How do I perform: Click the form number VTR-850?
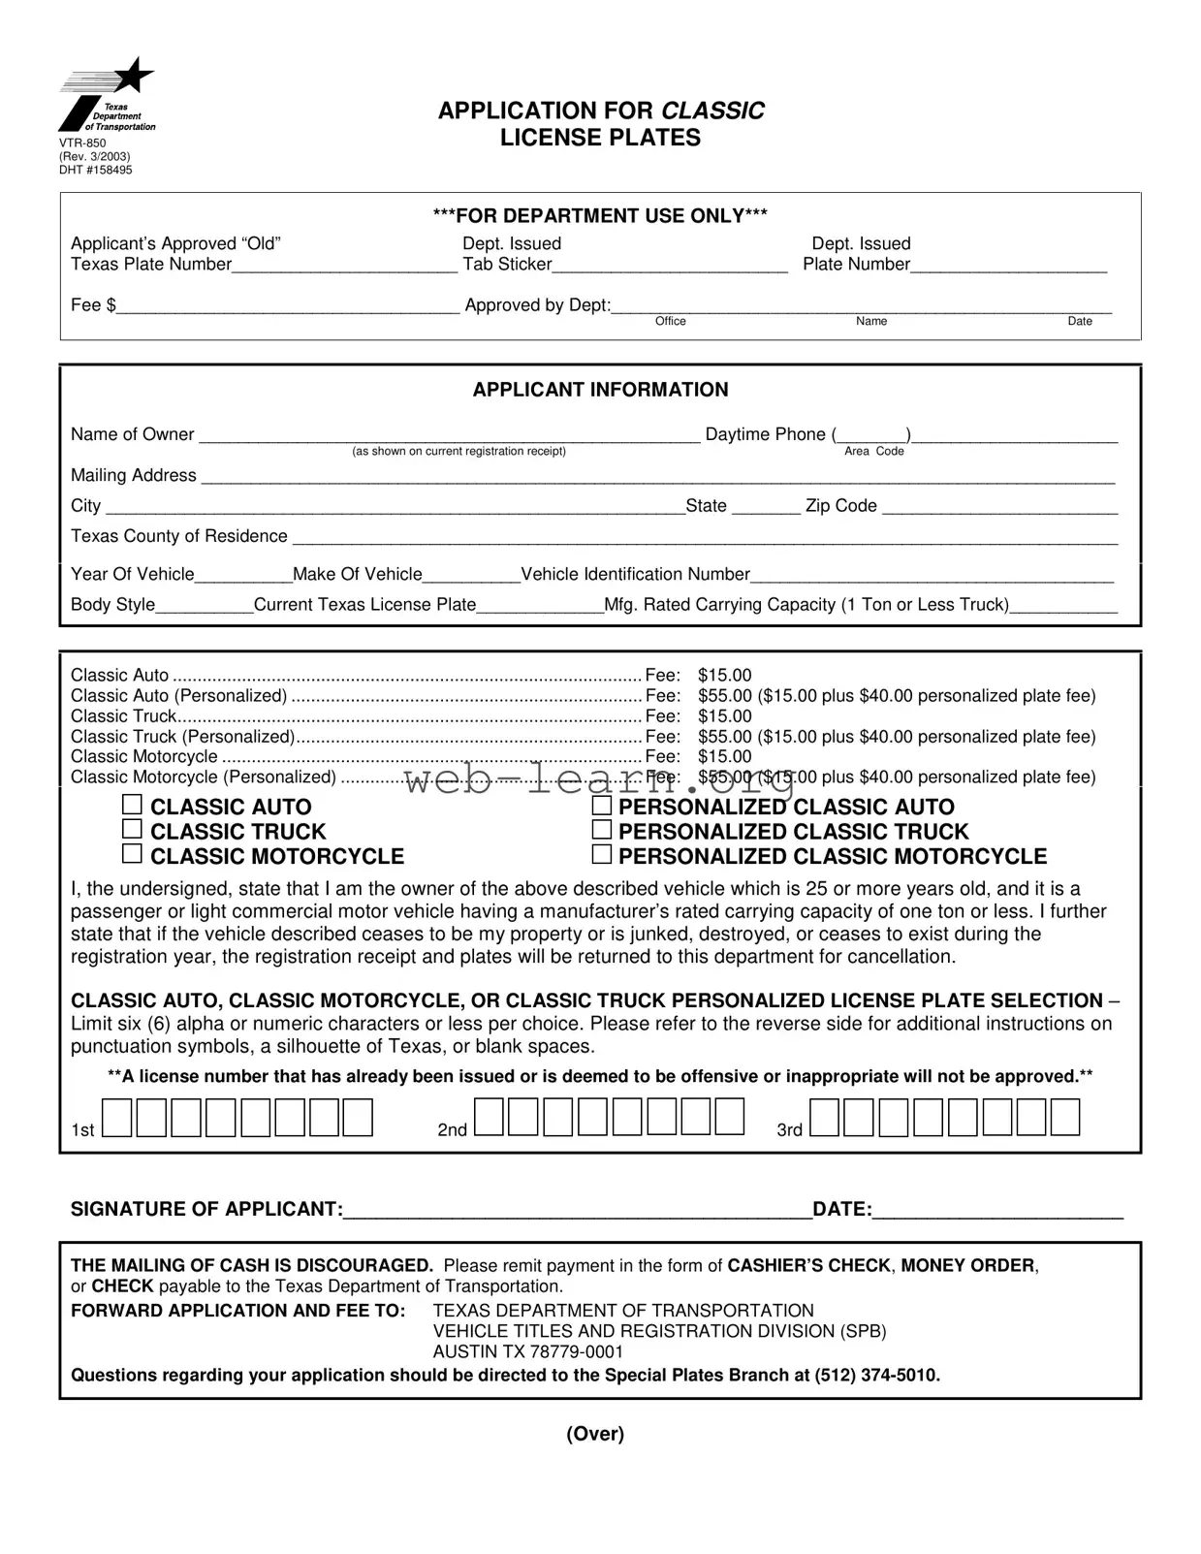coord(82,143)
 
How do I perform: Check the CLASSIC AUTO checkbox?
coord(132,805)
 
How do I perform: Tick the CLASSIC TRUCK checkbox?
coord(132,830)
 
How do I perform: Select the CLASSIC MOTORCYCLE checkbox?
coord(132,854)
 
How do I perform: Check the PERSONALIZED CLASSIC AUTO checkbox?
coord(602,805)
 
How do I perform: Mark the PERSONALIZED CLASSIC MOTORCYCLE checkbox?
coord(602,854)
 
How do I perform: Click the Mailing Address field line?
coord(657,475)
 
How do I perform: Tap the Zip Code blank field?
coord(999,506)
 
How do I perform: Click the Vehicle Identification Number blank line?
coord(932,575)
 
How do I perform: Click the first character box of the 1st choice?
coord(116,1118)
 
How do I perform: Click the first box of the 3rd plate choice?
coord(824,1118)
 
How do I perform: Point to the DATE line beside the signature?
coord(997,1209)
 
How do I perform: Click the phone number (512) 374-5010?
coord(876,1375)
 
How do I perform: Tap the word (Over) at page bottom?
coord(595,1433)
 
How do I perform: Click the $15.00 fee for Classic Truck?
coord(724,716)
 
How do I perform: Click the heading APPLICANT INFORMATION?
coord(600,390)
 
